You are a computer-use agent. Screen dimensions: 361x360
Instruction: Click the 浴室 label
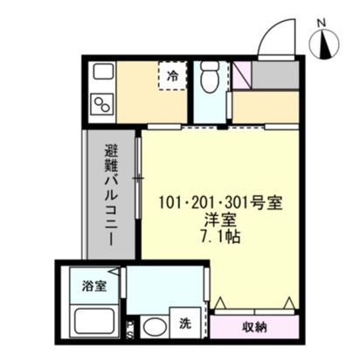point(93,286)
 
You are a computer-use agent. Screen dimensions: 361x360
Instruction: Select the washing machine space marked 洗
point(185,323)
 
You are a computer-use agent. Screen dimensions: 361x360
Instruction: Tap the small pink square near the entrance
point(241,73)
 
